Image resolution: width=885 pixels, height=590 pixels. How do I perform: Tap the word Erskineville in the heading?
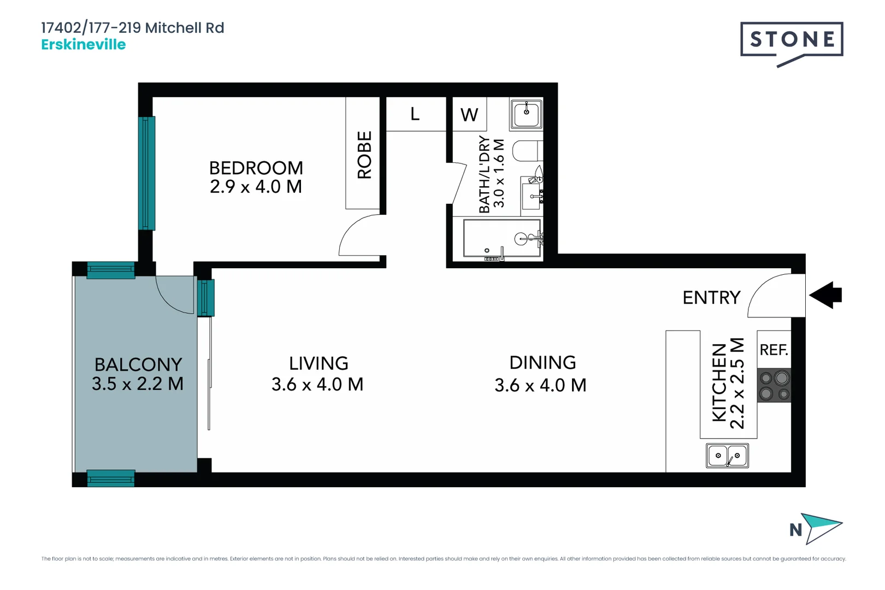click(84, 45)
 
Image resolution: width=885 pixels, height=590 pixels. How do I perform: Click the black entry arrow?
click(826, 295)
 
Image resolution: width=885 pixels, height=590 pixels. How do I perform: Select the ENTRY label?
click(711, 298)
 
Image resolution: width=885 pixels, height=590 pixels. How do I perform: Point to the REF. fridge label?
click(774, 350)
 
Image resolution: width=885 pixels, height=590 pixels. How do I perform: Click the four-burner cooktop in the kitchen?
click(774, 386)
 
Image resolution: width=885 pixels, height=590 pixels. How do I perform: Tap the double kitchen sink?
click(727, 456)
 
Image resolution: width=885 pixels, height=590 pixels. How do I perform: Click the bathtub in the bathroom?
click(501, 238)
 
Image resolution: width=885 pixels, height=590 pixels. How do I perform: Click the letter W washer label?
click(469, 115)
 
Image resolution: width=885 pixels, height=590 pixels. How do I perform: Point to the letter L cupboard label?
click(415, 114)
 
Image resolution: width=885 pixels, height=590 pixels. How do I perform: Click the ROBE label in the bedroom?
click(364, 155)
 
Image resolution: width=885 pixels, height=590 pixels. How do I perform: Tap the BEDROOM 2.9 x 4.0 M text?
click(256, 177)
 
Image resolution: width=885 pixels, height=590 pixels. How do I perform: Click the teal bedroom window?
click(146, 173)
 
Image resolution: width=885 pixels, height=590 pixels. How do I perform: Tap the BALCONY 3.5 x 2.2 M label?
click(138, 374)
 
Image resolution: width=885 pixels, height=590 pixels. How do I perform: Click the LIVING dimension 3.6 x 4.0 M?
click(317, 385)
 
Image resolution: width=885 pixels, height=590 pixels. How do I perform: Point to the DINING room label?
click(542, 363)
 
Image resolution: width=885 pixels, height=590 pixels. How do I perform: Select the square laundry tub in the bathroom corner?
click(526, 114)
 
